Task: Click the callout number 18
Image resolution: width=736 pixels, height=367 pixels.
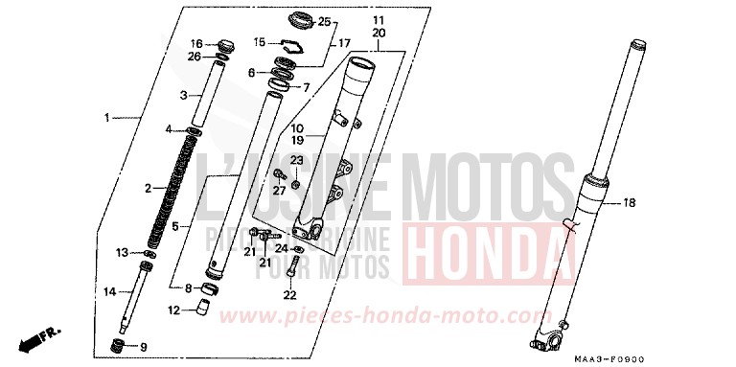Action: (630, 203)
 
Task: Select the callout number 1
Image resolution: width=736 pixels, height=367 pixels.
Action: (107, 118)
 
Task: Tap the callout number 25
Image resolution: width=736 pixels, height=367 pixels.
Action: (324, 22)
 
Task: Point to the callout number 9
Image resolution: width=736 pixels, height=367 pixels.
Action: (144, 346)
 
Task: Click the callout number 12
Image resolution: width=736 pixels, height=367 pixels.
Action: (173, 310)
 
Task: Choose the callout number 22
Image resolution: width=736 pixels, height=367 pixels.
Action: (290, 294)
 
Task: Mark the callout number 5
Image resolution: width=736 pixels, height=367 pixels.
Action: (174, 227)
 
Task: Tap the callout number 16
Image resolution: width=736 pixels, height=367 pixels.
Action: (195, 44)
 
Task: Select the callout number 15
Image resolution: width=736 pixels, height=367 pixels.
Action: (259, 42)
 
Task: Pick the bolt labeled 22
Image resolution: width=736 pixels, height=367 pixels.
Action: (290, 270)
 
